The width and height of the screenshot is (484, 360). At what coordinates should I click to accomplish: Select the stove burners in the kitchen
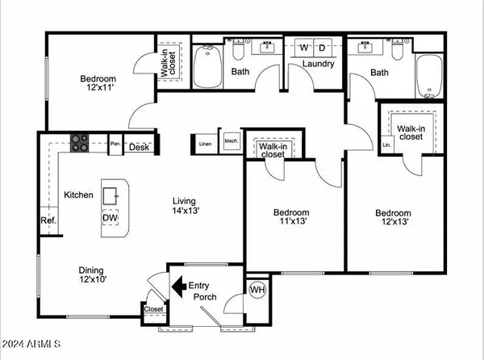tap(81, 143)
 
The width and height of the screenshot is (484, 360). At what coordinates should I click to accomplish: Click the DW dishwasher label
tap(111, 217)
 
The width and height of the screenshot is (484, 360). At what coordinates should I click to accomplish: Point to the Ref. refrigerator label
tap(48, 221)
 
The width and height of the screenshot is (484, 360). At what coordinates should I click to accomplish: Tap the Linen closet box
tap(206, 144)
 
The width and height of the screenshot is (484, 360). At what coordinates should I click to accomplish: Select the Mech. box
tap(232, 141)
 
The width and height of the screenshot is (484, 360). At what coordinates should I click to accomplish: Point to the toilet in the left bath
tap(238, 52)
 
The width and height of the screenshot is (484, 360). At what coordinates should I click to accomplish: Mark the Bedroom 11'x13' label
tap(292, 219)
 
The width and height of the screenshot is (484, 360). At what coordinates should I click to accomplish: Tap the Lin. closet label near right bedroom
tap(386, 145)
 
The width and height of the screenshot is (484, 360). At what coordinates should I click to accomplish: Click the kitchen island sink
tap(114, 194)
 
